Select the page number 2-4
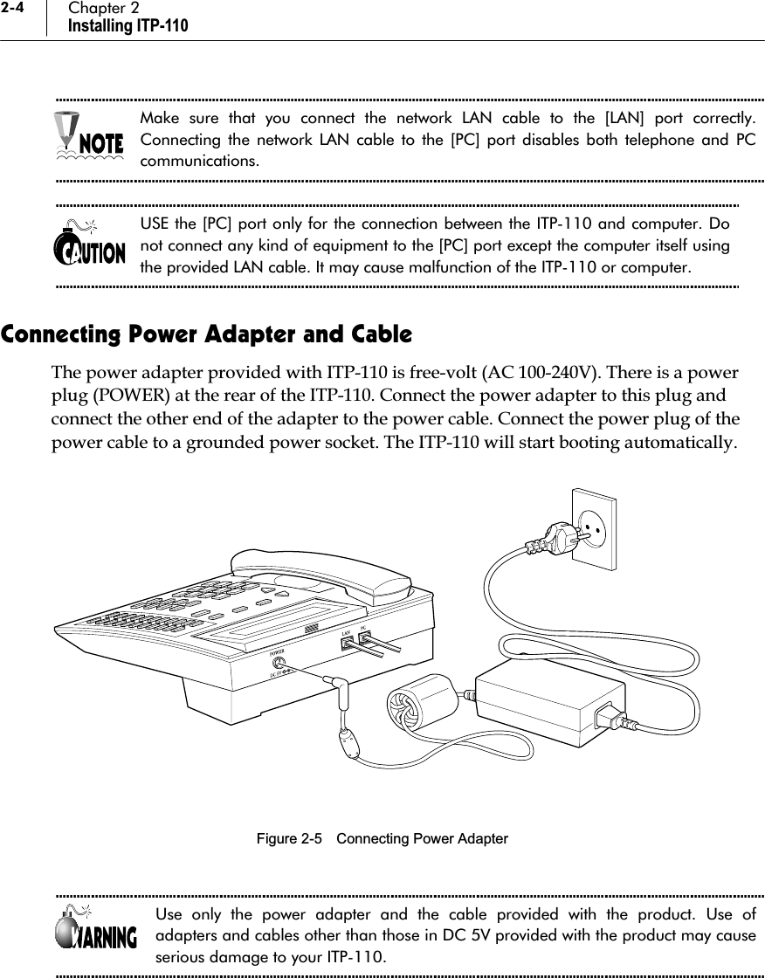coord(17,9)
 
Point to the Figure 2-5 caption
coord(382,839)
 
